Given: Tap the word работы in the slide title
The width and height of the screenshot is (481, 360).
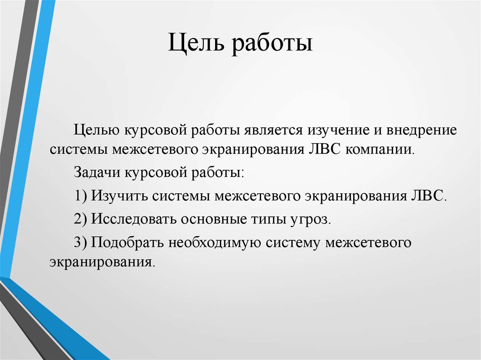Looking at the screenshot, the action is pyautogui.click(x=272, y=43).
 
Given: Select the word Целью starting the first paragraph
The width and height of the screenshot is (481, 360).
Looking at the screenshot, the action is pyautogui.click(x=97, y=130).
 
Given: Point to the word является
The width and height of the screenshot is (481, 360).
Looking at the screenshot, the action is pyautogui.click(x=273, y=130).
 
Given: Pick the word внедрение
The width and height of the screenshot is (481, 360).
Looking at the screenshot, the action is pyautogui.click(x=421, y=130).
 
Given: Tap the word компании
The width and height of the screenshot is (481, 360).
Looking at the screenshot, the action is pyautogui.click(x=380, y=150).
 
